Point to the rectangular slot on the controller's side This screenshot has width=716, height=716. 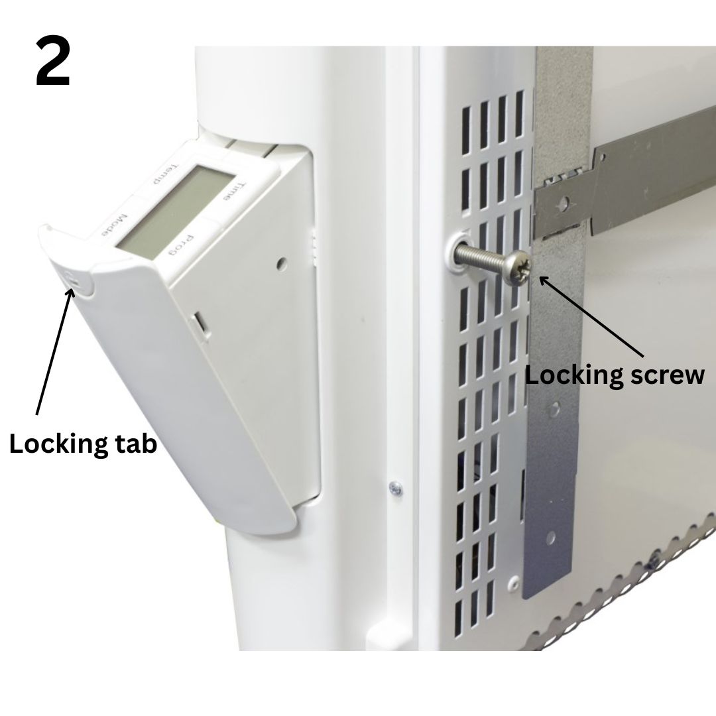199,322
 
